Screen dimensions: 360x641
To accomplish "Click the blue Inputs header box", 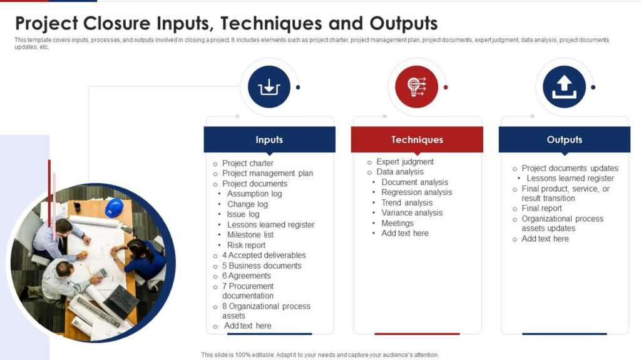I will click(269, 139).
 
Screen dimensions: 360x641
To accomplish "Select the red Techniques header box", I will click(417, 139).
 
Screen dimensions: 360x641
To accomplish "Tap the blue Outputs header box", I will click(564, 139).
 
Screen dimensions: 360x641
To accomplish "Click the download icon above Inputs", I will click(269, 87).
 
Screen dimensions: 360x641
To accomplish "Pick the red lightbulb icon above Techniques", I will click(417, 87).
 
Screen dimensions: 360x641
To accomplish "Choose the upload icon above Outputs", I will click(564, 87).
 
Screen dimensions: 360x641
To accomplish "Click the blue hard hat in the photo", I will click(114, 207).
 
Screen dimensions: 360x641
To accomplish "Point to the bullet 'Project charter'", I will click(248, 163).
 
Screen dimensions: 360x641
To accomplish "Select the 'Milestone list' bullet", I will click(250, 234).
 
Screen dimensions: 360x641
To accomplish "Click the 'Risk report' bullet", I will click(246, 245).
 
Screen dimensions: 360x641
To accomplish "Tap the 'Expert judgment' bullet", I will click(404, 162).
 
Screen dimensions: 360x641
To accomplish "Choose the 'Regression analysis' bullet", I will click(416, 192).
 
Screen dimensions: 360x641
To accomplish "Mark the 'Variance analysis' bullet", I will click(412, 212).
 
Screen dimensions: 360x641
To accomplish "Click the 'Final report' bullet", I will click(541, 208).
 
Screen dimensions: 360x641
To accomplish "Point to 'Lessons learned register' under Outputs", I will click(570, 178).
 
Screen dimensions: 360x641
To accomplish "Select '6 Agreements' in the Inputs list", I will click(247, 276).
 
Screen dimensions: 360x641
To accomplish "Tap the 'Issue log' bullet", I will click(243, 214).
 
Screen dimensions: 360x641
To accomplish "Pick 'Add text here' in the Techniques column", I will click(405, 233).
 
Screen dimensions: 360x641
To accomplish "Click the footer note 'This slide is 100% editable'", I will click(320, 354).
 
